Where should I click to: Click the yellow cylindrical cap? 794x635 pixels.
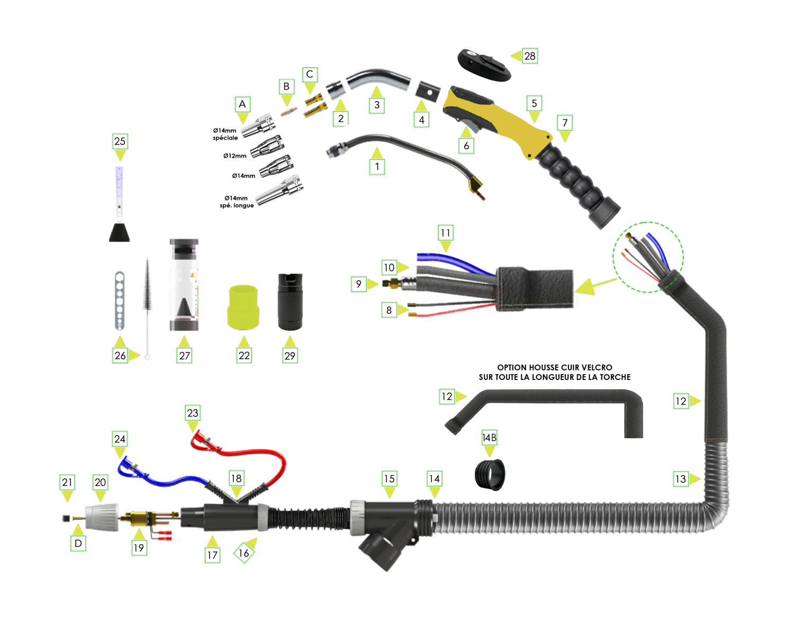[243, 306]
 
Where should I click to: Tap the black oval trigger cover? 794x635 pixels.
[484, 66]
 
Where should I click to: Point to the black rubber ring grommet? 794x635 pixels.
[490, 473]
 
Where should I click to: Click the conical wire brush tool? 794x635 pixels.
[147, 296]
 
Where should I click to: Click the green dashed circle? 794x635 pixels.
[648, 257]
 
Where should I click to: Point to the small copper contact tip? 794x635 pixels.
[288, 112]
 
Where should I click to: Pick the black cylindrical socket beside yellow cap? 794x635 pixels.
[290, 301]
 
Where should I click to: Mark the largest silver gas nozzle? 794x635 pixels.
[278, 191]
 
